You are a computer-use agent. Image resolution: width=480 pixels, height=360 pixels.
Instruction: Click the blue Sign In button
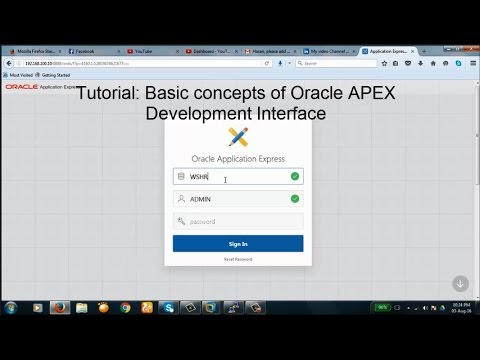238,243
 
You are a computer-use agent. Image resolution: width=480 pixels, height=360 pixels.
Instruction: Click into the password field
238,221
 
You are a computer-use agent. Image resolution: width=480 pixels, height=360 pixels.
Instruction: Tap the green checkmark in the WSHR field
294,176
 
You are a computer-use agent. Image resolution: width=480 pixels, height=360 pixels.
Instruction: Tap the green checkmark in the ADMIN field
294,199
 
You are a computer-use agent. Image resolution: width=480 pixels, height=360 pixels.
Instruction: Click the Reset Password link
238,259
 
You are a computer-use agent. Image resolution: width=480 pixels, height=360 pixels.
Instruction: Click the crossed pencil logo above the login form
238,137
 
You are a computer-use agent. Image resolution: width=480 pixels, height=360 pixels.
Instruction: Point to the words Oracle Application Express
238,158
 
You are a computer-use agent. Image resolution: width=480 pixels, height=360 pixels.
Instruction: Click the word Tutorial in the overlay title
107,93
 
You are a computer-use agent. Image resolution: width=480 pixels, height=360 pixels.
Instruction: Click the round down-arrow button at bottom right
460,283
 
